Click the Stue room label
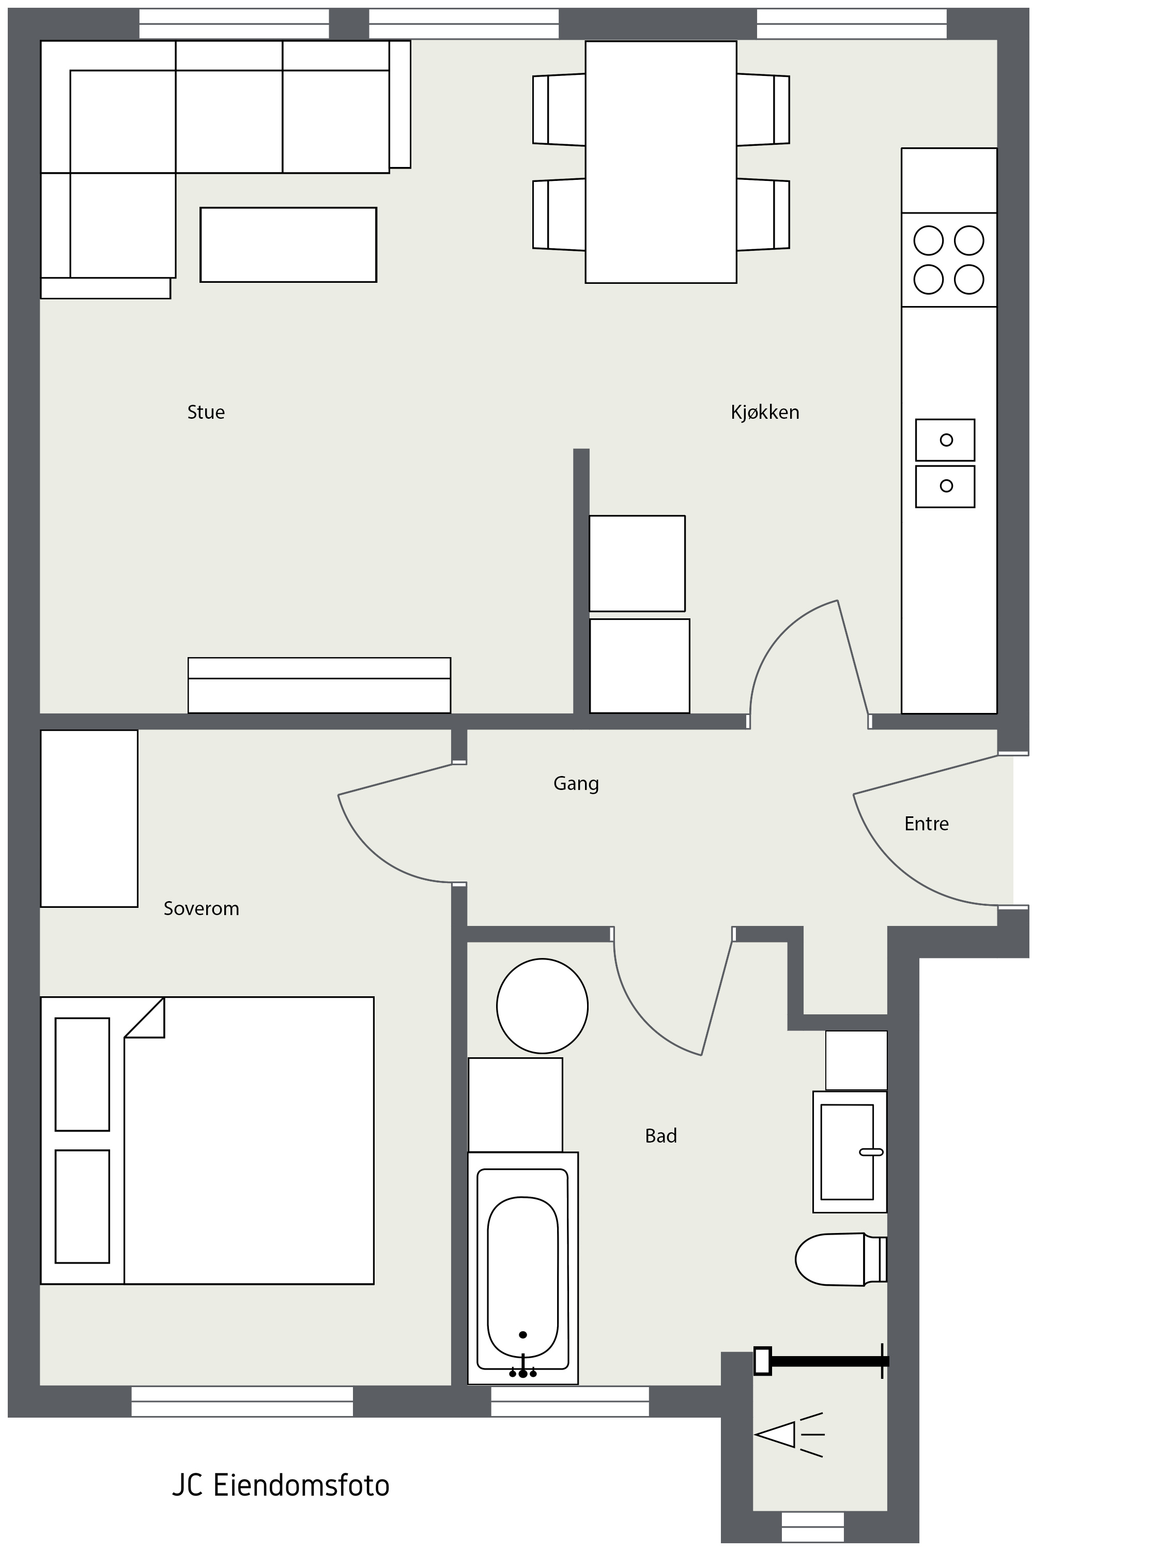[206, 412]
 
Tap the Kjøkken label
[765, 412]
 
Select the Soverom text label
[202, 908]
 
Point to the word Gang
[576, 784]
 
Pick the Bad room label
[660, 1136]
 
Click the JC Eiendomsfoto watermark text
[281, 1485]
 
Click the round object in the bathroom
[542, 1006]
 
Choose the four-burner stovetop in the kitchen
[949, 260]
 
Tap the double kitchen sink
[945, 463]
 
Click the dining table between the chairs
[660, 162]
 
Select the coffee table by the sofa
[288, 245]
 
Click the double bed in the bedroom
[207, 1141]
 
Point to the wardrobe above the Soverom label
[89, 818]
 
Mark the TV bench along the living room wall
[319, 686]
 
